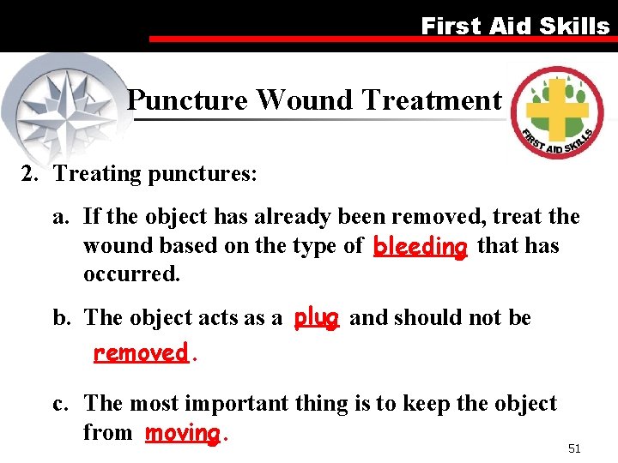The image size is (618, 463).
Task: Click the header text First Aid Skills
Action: point(514,26)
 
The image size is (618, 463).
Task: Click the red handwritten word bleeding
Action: point(421,247)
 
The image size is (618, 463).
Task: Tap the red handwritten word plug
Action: point(316,317)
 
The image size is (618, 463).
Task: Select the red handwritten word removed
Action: point(140,352)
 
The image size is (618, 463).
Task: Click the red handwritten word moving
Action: point(183,433)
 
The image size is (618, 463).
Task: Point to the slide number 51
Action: point(574,448)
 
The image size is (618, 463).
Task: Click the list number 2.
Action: point(29,174)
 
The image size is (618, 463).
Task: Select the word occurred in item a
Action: point(131,275)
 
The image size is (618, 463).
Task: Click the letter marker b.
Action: point(60,318)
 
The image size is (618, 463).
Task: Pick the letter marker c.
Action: point(60,404)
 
